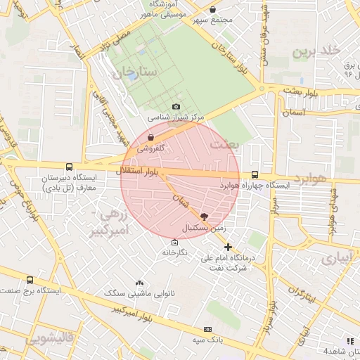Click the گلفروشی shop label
[x=150, y=148]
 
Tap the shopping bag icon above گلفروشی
[x=150, y=139]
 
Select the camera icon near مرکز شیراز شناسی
[x=176, y=106]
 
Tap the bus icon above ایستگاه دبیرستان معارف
[x=69, y=167]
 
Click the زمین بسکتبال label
[x=205, y=229]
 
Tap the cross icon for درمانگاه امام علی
[x=228, y=247]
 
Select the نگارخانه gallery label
[x=175, y=252]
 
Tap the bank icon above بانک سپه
[x=207, y=329]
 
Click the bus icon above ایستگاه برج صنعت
[x=29, y=279]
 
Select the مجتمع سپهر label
[x=214, y=20]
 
